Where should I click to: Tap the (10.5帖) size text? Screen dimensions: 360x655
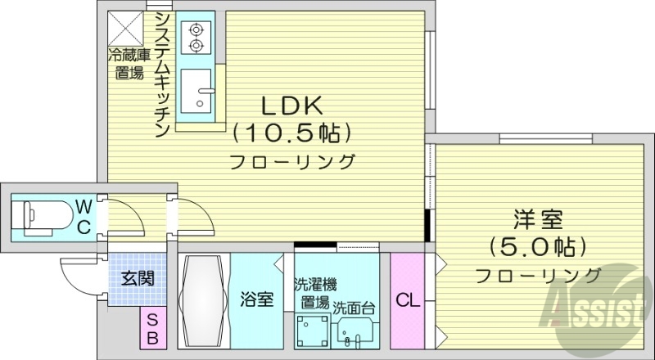pos(292,131)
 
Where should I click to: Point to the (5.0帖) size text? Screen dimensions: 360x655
pos(537,245)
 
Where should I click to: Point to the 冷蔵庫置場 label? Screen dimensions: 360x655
pos(129,64)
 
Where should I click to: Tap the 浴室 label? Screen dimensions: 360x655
pos(256,300)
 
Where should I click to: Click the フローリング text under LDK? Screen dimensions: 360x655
pos(292,160)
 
